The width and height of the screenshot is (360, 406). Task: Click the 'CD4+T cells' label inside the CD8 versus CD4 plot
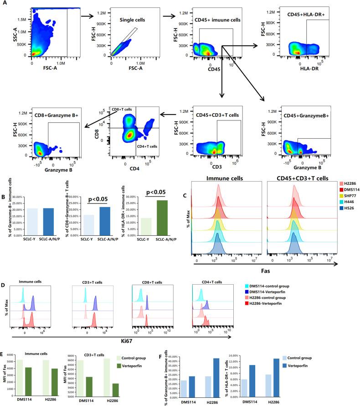146,147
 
